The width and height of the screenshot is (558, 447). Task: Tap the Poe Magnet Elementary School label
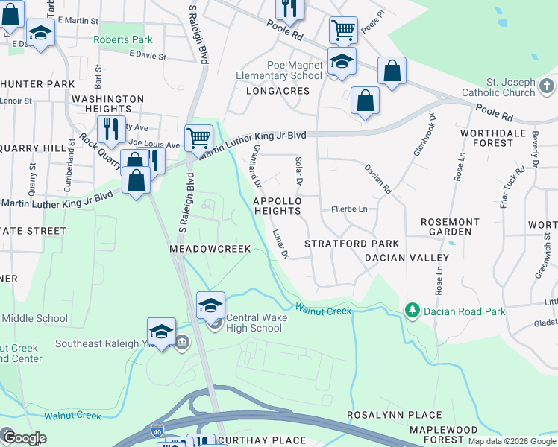(x=279, y=71)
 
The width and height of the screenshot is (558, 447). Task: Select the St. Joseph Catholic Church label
(x=510, y=87)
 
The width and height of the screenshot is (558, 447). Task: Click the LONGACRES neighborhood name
(x=277, y=91)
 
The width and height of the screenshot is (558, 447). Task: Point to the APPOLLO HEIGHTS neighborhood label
(x=278, y=206)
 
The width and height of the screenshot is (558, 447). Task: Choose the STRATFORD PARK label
(x=351, y=244)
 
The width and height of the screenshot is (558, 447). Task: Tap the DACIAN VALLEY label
(x=407, y=258)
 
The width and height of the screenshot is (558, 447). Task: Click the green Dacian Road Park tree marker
(x=410, y=309)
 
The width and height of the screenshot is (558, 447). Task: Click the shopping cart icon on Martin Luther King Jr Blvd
(x=198, y=137)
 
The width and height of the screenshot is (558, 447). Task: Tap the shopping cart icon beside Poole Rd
(x=342, y=30)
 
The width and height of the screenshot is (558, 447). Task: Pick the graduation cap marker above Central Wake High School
(x=210, y=304)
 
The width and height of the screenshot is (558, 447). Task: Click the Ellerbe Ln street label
(x=350, y=209)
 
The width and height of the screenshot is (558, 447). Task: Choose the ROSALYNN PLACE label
(x=395, y=415)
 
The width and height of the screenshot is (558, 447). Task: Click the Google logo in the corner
(x=24, y=438)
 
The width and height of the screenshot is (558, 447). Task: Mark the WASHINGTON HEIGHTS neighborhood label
(x=107, y=104)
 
